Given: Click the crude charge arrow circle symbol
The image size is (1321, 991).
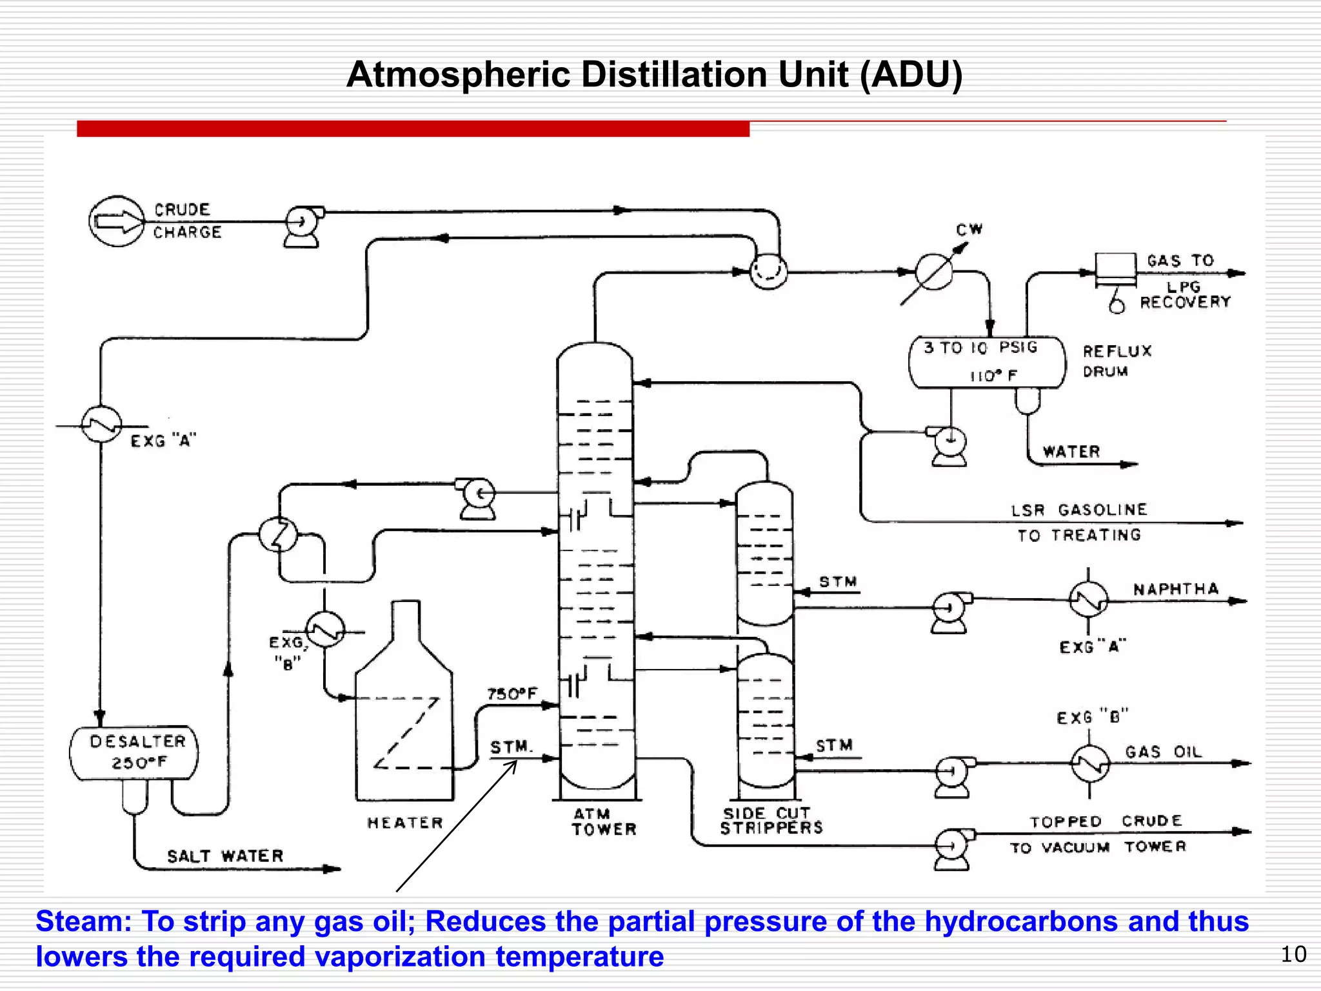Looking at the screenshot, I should [117, 221].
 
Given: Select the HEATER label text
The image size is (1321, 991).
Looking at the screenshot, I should [405, 823].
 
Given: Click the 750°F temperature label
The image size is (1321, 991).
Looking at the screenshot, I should [512, 694].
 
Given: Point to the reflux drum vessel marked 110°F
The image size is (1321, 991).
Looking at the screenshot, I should [986, 363].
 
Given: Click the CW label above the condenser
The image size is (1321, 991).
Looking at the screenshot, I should [969, 230].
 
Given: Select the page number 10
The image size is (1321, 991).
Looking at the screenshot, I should [1293, 954].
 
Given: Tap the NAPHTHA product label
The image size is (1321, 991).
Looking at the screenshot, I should [1176, 589].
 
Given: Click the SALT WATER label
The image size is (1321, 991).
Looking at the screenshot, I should [225, 856].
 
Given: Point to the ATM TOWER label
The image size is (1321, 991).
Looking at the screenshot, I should [603, 822].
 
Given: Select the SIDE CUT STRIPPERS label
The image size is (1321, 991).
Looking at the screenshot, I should [771, 821].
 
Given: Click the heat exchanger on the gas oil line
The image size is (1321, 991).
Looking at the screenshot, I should [1090, 763].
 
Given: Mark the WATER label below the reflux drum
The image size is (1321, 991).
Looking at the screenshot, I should [1071, 452].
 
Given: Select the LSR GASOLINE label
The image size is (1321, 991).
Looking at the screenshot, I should [1078, 510].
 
